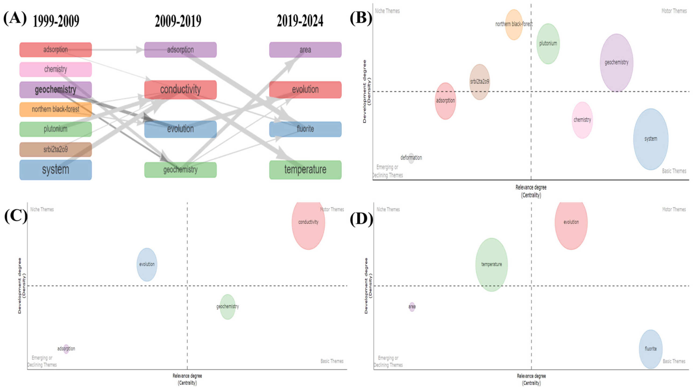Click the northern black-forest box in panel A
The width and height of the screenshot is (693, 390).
55,109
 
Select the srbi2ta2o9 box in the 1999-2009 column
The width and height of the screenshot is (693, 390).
55,149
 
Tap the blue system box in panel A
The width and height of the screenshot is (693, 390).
55,169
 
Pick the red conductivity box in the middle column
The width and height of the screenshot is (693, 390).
180,90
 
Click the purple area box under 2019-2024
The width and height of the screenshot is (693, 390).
305,50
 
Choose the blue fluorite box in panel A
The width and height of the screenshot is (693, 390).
305,129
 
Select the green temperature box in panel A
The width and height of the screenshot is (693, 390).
305,169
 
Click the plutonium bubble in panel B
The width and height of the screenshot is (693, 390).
548,44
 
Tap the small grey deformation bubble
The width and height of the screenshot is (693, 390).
411,158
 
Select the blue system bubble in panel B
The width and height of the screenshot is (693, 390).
651,139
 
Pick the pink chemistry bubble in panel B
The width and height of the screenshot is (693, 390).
582,120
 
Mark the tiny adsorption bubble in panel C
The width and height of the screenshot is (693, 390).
66,349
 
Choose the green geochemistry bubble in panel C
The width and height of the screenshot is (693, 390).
228,307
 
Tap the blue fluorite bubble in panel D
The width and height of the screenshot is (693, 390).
651,349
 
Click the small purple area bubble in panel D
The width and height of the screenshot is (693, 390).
412,307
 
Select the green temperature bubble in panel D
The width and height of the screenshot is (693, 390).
492,264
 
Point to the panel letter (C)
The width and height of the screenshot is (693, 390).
16,217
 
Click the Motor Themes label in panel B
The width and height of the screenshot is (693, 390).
674,11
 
